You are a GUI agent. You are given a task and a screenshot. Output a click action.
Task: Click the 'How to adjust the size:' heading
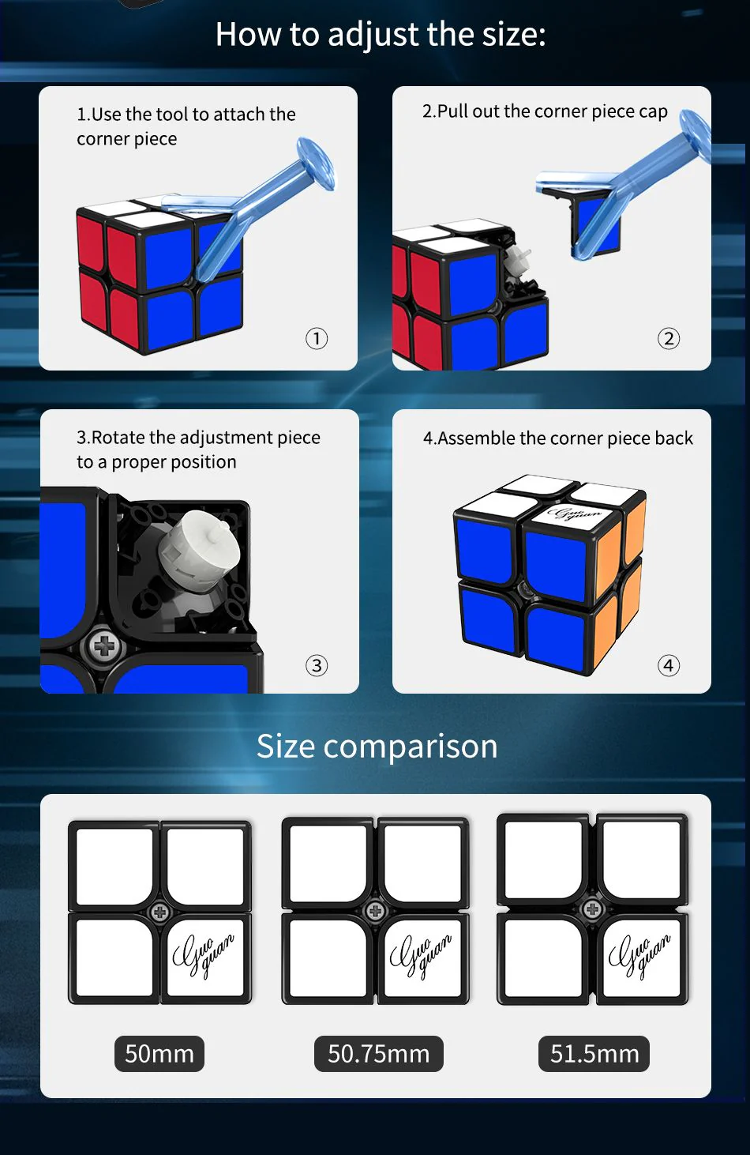pyautogui.click(x=381, y=35)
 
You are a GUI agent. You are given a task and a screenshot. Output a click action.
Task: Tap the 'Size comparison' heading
pyautogui.click(x=377, y=746)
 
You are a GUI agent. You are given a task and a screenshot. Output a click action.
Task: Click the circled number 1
pyautogui.click(x=317, y=338)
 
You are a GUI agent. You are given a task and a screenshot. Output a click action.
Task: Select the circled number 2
pyautogui.click(x=668, y=338)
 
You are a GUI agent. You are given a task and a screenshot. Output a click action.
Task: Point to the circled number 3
pyautogui.click(x=317, y=665)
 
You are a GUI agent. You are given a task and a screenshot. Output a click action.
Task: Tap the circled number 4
pyautogui.click(x=668, y=665)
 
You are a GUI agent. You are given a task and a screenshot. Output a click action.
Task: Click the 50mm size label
pyautogui.click(x=159, y=1054)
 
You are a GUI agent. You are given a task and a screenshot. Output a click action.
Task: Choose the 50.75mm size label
pyautogui.click(x=379, y=1054)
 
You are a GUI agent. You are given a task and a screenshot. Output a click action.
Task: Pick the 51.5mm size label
pyautogui.click(x=594, y=1054)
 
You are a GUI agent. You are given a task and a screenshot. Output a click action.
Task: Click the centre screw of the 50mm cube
pyautogui.click(x=160, y=912)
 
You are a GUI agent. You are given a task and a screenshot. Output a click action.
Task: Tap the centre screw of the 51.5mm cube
pyautogui.click(x=592, y=909)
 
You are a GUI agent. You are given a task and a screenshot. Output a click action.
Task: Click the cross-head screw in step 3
pyautogui.click(x=104, y=645)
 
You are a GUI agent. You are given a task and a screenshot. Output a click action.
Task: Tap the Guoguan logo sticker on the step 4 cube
pyautogui.click(x=573, y=514)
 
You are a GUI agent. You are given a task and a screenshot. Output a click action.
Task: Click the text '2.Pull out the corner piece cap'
pyautogui.click(x=545, y=111)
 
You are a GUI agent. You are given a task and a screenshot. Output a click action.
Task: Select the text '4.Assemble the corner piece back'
pyautogui.click(x=558, y=438)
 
